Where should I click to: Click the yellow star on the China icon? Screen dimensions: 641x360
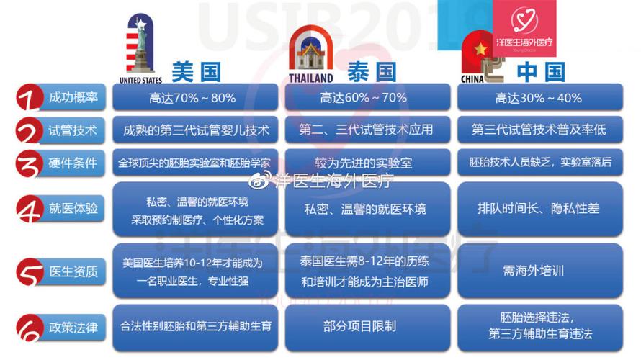[x=480, y=50]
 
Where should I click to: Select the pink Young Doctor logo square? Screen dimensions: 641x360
[x=524, y=28]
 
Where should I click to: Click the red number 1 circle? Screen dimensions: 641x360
[x=30, y=98]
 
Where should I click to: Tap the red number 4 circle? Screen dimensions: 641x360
[x=30, y=209]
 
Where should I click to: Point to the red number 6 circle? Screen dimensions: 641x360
[x=30, y=328]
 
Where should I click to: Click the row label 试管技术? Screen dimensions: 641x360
[x=73, y=130]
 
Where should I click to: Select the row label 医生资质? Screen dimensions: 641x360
[x=73, y=271]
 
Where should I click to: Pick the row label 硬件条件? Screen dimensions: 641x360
[x=73, y=163]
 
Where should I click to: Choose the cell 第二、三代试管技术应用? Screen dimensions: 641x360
[x=367, y=130]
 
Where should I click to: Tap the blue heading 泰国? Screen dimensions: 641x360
[x=372, y=72]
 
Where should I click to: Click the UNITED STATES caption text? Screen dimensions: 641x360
[x=140, y=80]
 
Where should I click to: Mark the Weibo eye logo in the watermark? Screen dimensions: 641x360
[x=260, y=179]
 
